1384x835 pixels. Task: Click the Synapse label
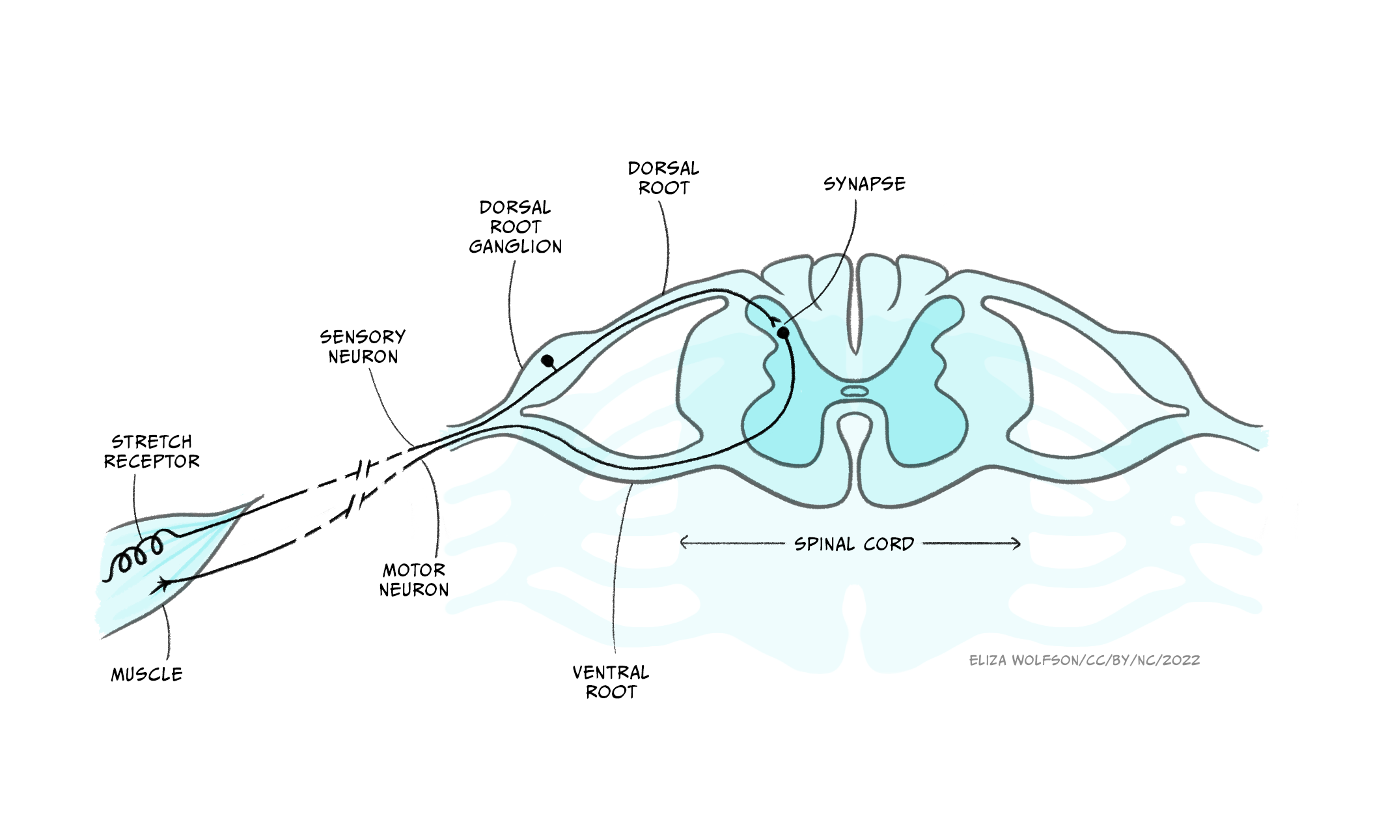coord(864,184)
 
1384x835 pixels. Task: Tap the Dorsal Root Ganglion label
coord(515,227)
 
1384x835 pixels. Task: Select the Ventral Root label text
coord(611,682)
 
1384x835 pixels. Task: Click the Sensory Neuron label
coord(363,347)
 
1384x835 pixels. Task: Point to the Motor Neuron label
coord(414,580)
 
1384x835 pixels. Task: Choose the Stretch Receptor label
coord(152,451)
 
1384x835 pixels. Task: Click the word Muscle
coord(146,675)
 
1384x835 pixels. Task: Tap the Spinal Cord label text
coord(854,544)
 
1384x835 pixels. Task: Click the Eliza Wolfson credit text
coord(1084,660)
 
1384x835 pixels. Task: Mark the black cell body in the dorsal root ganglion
coord(548,360)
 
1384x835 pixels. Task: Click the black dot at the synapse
coord(783,333)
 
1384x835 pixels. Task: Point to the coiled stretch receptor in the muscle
coord(139,553)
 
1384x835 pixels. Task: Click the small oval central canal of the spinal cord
coord(855,391)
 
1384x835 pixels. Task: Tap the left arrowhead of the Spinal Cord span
coord(684,543)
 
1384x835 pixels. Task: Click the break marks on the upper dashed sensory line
coord(368,468)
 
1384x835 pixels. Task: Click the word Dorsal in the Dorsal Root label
coord(663,169)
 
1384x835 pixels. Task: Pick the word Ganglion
coord(515,247)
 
